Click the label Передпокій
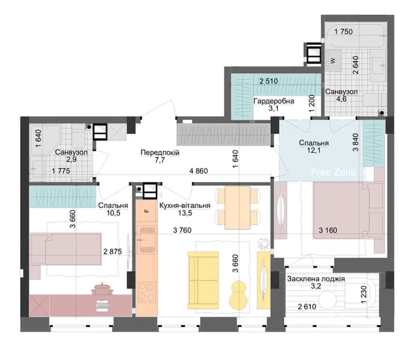tap(160, 153)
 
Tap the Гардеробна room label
tap(274, 101)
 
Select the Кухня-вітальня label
tap(185, 205)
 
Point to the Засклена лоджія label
tap(316, 279)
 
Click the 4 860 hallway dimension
tap(199, 171)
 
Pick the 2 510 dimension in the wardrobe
tap(268, 81)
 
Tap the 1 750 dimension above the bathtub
tap(343, 32)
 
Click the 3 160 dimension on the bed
tap(328, 231)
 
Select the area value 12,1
tap(314, 150)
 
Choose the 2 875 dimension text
tap(113, 252)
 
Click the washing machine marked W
tap(333, 60)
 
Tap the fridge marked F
tap(147, 211)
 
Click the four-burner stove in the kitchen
tap(147, 292)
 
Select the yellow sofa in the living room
tap(203, 280)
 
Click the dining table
tap(237, 208)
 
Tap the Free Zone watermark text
tap(334, 172)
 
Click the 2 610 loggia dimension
tap(307, 307)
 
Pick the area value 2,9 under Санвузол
tap(71, 159)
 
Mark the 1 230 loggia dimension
tap(364, 295)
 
